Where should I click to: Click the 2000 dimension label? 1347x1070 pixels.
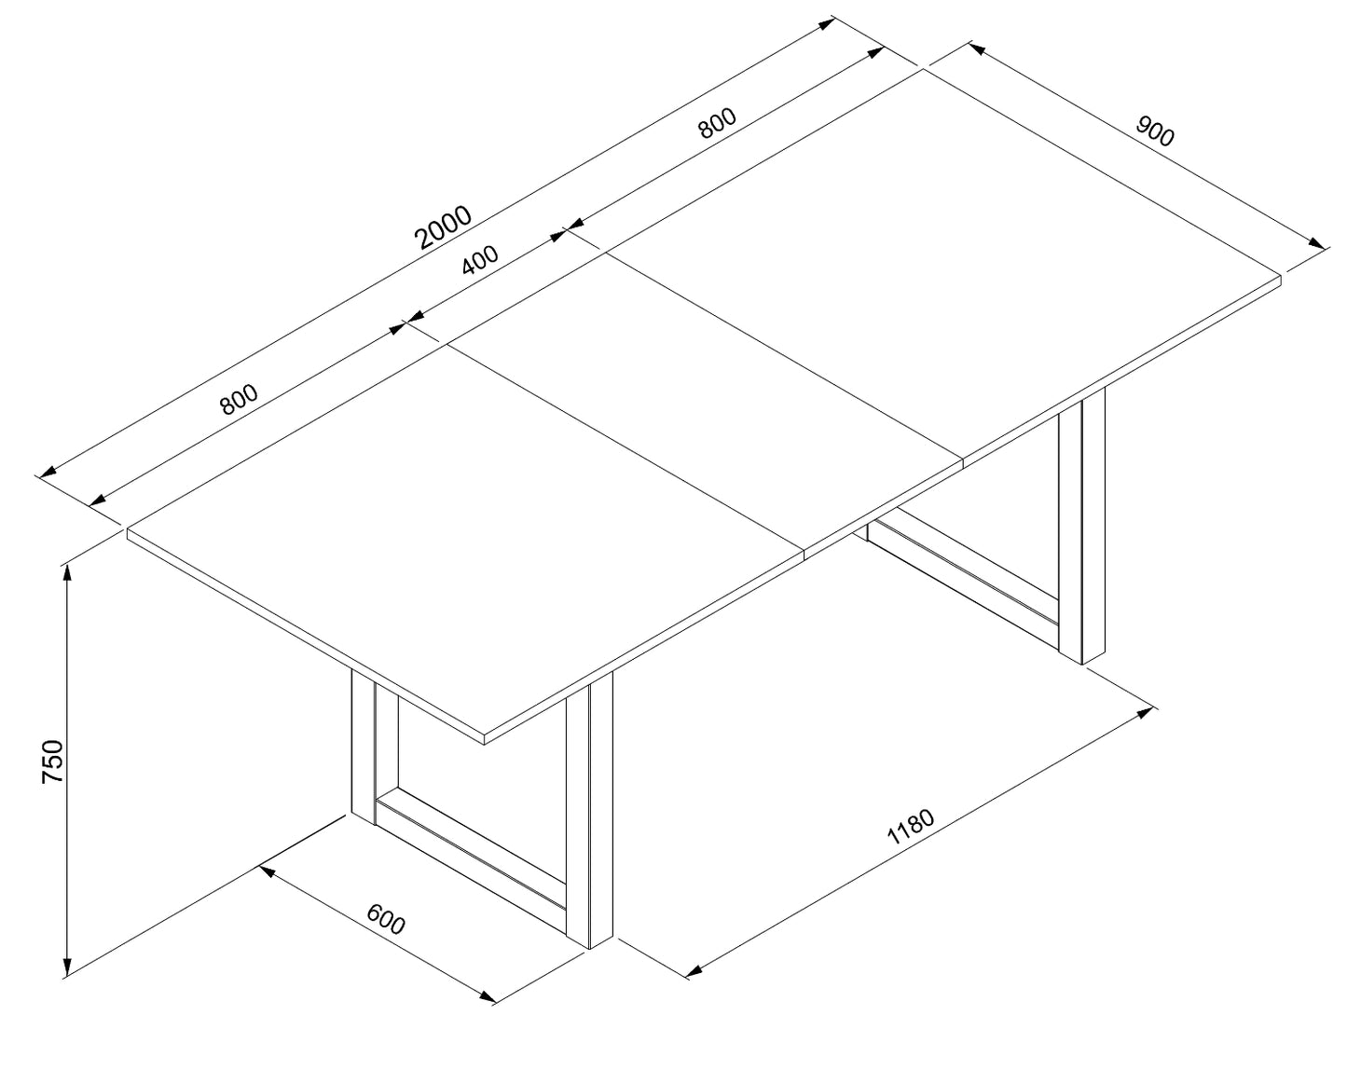click(443, 227)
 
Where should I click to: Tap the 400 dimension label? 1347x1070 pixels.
click(480, 259)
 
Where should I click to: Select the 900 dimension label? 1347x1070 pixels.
click(1154, 131)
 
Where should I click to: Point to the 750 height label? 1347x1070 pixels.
click(52, 761)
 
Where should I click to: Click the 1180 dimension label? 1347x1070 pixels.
click(911, 827)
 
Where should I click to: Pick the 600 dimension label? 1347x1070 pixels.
click(386, 918)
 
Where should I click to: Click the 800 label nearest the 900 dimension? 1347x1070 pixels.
click(718, 123)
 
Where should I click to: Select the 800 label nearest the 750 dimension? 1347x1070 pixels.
click(239, 400)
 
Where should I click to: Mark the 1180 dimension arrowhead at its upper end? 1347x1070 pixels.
click(1145, 712)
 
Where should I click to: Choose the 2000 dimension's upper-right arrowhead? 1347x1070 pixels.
click(826, 24)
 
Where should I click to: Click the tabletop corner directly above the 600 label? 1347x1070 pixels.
click(485, 739)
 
